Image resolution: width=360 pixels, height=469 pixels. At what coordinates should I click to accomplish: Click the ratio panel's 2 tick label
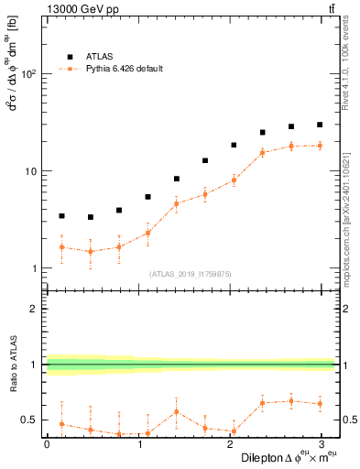pos(35,309)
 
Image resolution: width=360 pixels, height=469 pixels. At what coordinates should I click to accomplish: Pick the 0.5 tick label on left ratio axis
pos(30,420)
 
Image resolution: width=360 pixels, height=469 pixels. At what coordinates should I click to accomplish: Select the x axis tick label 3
pos(321,444)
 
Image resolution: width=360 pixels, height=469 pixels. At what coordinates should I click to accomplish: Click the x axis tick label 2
pos(229,444)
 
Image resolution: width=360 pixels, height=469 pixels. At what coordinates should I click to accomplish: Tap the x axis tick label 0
pos(47,444)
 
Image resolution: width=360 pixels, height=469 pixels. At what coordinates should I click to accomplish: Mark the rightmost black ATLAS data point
pos(320,125)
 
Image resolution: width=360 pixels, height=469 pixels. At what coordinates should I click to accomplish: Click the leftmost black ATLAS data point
pos(61,216)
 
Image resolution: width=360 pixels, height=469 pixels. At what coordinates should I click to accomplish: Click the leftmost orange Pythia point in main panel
pos(61,247)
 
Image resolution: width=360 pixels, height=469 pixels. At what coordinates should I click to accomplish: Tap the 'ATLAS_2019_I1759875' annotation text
pos(190,274)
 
